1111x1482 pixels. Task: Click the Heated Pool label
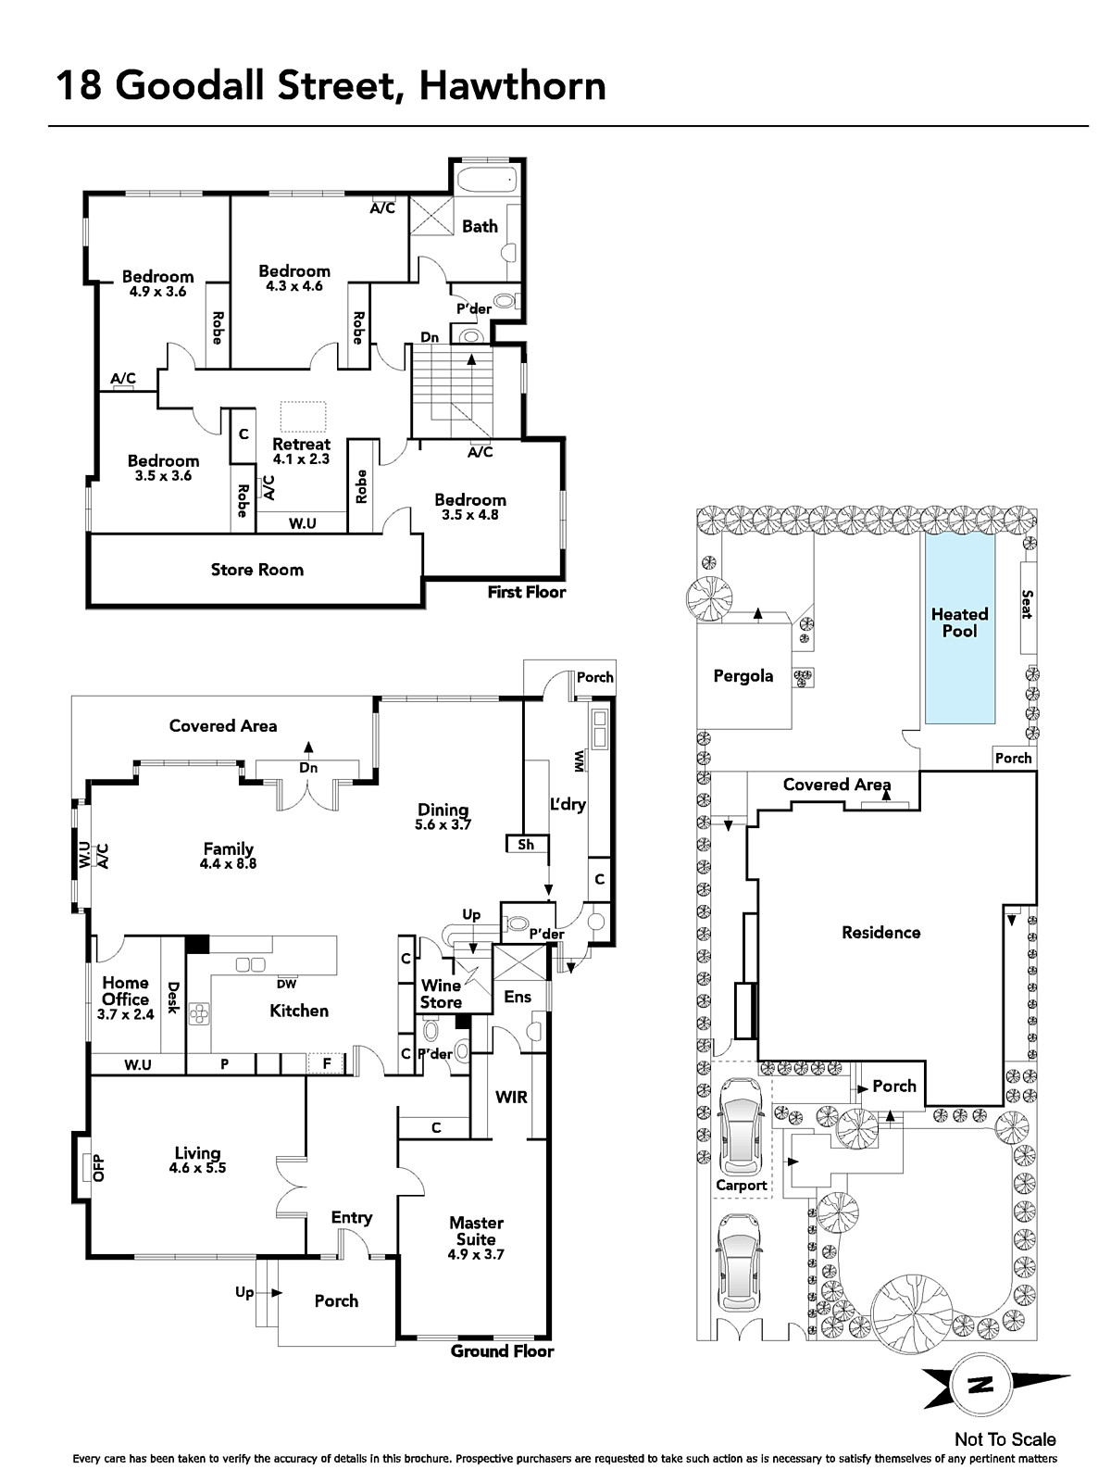point(959,622)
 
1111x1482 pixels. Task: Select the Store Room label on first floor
point(257,569)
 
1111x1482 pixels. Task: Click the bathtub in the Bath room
point(487,180)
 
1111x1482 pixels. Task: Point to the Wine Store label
point(441,994)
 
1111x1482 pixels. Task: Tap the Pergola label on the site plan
point(743,676)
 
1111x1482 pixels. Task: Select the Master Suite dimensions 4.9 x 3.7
point(476,1254)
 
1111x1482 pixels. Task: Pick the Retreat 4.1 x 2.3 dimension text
point(301,459)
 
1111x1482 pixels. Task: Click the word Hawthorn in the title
point(513,86)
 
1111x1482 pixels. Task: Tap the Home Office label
point(126,990)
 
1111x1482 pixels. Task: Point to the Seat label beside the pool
point(1028,604)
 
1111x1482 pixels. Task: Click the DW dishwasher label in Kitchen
point(287,984)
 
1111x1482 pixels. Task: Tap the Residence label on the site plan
point(881,933)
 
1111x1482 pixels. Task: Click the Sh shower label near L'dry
point(526,844)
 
